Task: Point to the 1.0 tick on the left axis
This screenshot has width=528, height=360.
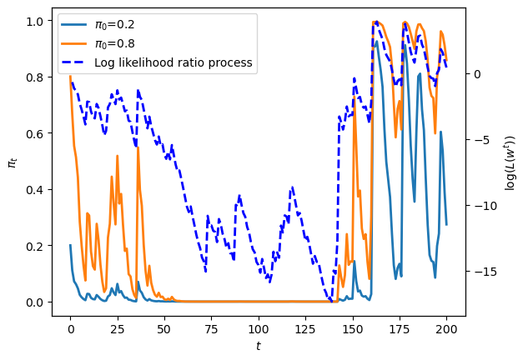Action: point(35,21)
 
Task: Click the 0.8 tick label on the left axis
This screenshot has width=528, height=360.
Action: point(35,77)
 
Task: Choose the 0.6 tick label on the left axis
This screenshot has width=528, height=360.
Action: point(35,133)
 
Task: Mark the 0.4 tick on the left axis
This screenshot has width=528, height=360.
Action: point(35,190)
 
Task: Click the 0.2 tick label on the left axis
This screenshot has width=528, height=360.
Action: point(35,246)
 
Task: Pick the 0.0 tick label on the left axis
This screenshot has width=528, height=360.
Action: point(35,302)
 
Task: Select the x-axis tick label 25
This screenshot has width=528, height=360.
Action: point(118,328)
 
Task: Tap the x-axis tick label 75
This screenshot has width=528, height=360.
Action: point(212,328)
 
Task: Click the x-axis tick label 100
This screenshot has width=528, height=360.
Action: point(259,328)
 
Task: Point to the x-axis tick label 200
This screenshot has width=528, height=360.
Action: point(447,328)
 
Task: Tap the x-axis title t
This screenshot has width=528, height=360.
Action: point(259,346)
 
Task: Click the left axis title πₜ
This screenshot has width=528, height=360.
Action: point(13,163)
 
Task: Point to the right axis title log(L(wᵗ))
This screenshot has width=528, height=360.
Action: point(510,162)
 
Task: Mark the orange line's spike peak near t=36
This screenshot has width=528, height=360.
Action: point(138,147)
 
